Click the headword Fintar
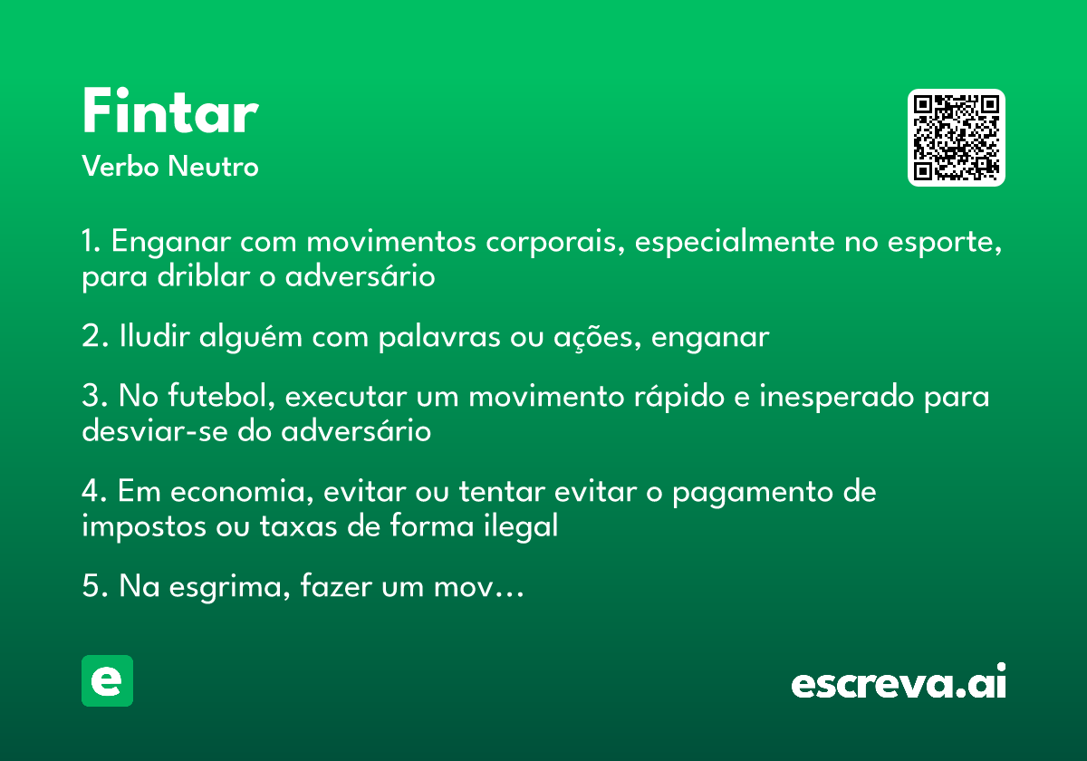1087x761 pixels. coord(170,111)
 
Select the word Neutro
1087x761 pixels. coord(213,166)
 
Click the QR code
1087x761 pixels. coord(956,138)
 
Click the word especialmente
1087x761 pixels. coord(735,241)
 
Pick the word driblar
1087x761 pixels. coord(203,276)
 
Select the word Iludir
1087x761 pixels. coord(154,336)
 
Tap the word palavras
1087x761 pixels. coord(439,337)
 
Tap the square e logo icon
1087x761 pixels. coord(107,680)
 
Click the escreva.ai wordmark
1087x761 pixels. coord(899,680)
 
